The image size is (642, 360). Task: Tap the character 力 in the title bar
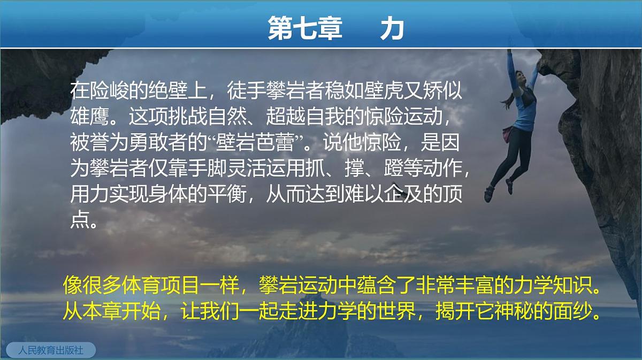click(x=392, y=29)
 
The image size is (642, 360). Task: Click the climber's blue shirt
click(x=522, y=110)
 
